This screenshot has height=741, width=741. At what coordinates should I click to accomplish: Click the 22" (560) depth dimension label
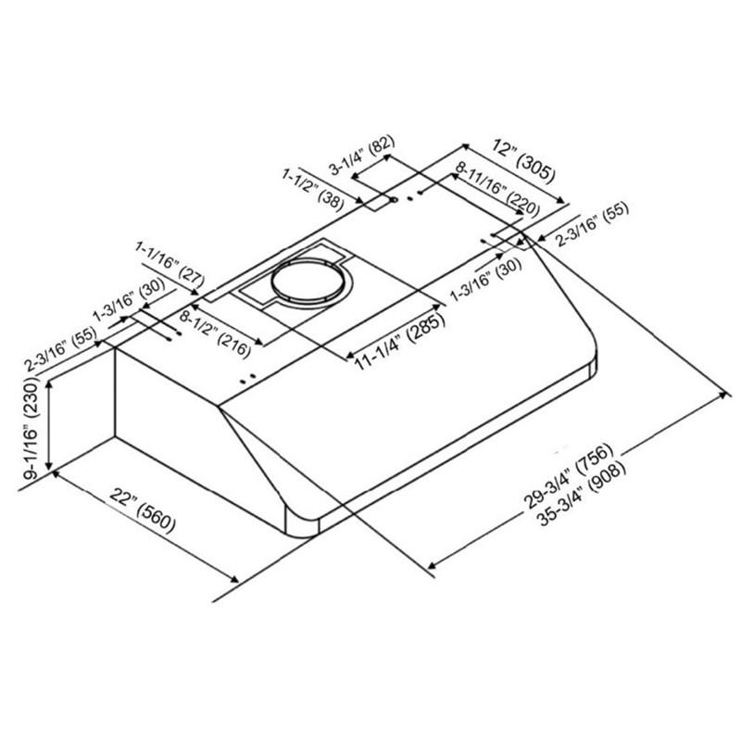coord(143,513)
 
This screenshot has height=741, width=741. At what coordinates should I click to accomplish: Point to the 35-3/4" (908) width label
coord(582,493)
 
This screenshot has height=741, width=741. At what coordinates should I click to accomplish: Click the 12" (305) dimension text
coord(523,160)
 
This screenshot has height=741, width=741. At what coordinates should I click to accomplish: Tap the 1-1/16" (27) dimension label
coord(170,264)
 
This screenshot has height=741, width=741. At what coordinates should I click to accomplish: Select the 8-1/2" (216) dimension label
coord(215,334)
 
